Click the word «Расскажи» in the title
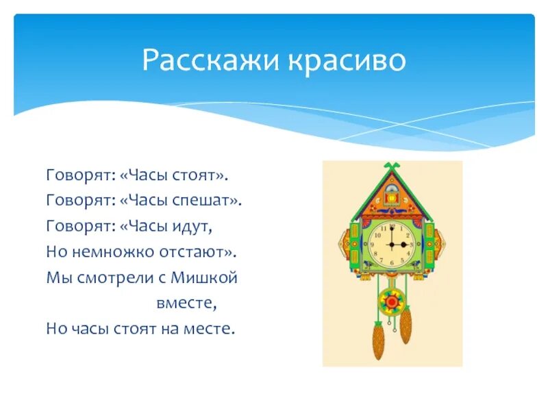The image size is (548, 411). pyautogui.click(x=199, y=61)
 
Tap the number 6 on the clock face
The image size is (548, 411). pyautogui.click(x=391, y=264)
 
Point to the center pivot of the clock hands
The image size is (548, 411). pyautogui.click(x=391, y=245)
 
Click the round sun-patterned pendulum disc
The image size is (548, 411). pyautogui.click(x=392, y=301)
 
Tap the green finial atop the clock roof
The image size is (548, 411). pyautogui.click(x=391, y=166)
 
